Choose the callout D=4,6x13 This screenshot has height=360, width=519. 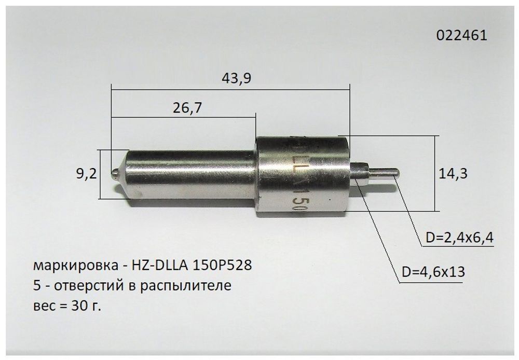pyautogui.click(x=433, y=272)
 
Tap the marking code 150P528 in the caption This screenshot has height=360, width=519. pyautogui.click(x=222, y=266)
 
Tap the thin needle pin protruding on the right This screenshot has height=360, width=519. pyautogui.click(x=385, y=172)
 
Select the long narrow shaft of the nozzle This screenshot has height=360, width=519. pyautogui.click(x=192, y=173)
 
